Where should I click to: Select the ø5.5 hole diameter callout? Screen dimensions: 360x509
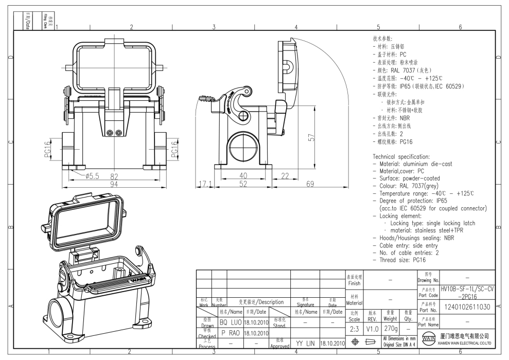coord(91,175)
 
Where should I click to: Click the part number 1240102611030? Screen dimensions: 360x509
coord(468,307)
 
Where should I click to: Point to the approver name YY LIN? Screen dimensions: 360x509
coord(305,342)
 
